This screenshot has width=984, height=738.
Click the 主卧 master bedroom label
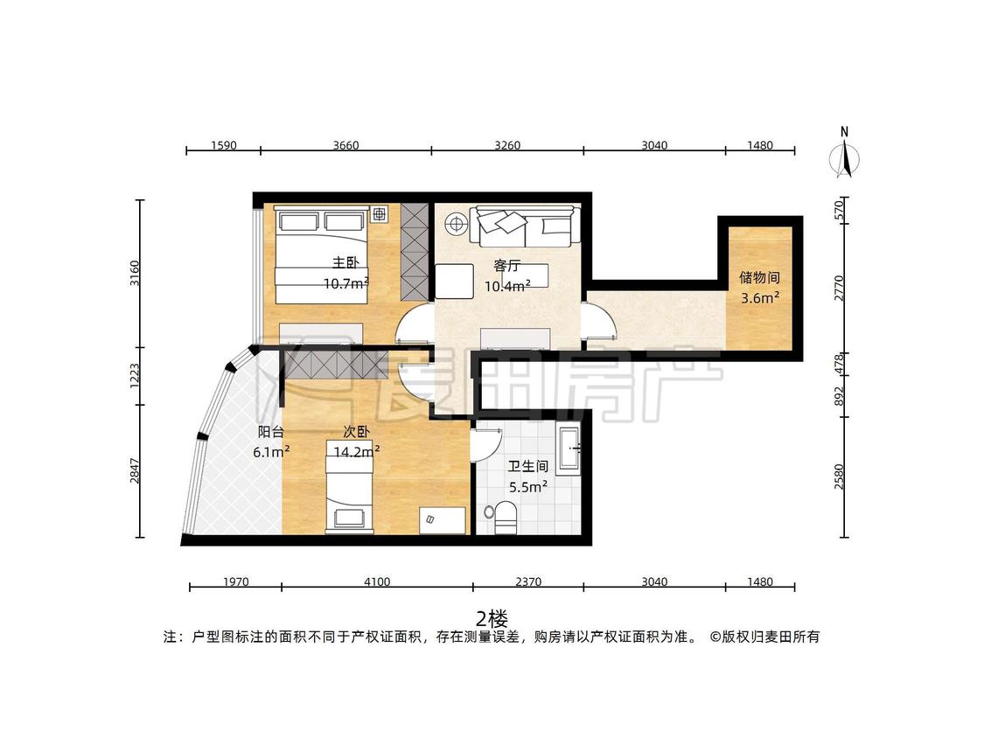pos(345,263)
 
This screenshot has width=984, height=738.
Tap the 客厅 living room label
pos(506,266)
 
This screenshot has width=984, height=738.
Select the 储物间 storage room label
pos(759,277)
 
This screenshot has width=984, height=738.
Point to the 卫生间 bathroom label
pos(527,466)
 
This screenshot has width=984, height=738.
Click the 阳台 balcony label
pos(271,432)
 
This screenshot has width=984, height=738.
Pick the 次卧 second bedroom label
pos(356,432)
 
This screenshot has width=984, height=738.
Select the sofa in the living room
pos(524,226)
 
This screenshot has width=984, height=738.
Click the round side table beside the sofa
pos(456,223)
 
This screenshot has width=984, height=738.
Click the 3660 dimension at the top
pos(345,146)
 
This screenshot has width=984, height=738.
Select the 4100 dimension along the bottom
pos(377,581)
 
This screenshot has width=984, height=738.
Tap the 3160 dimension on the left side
pos(135,273)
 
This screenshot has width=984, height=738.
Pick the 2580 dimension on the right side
pos(840,477)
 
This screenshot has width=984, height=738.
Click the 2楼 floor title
pos(492,619)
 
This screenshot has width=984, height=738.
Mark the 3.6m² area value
pos(760,297)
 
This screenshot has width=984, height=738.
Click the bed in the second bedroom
pos(349,484)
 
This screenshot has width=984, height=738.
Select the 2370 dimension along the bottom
pos(528,581)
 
